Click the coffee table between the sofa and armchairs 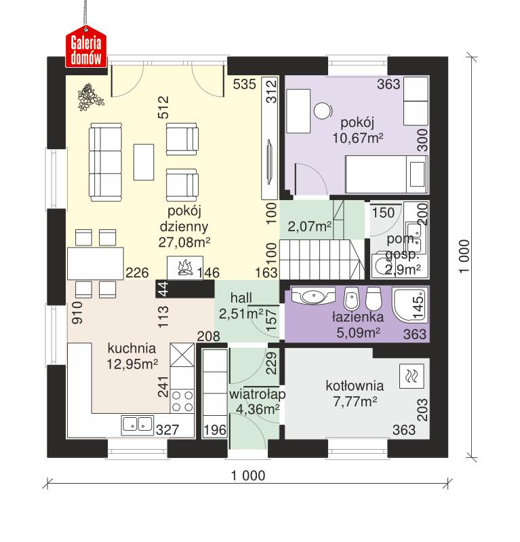coord(144,161)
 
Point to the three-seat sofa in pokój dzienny coord(104,161)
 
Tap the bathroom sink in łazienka coord(313,296)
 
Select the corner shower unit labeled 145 coord(412,303)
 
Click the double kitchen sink coord(138,425)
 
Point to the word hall coord(241,298)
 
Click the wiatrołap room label coord(256,394)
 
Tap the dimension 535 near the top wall coord(243,85)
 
